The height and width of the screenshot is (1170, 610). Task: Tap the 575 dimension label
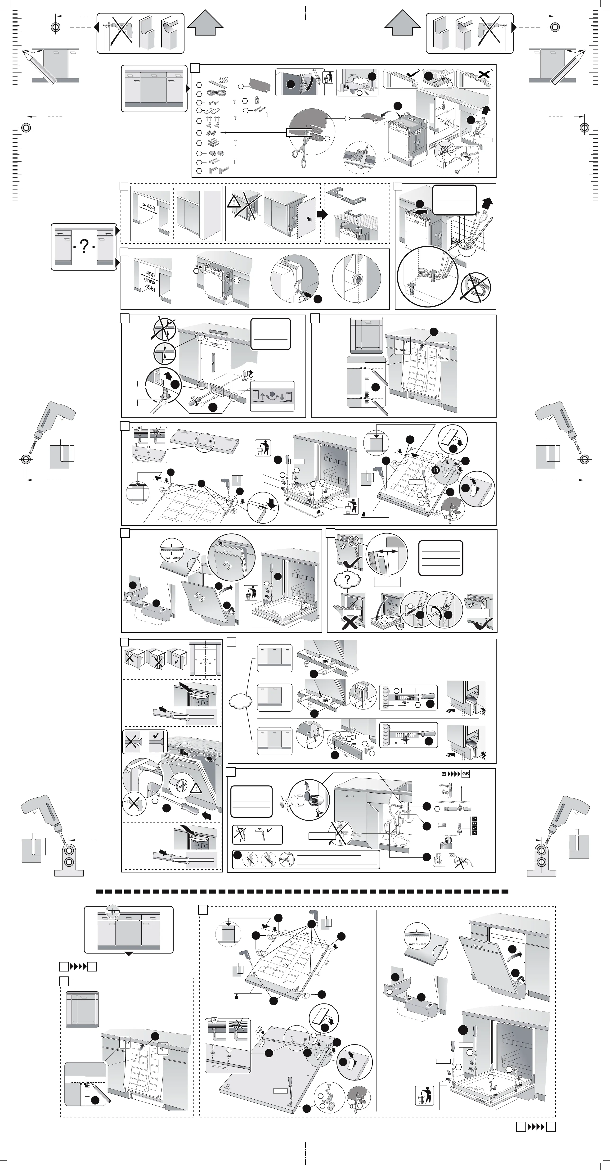[x=447, y=112]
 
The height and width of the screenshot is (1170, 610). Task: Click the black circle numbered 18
[x=435, y=470]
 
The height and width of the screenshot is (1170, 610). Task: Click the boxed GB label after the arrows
[x=465, y=774]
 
